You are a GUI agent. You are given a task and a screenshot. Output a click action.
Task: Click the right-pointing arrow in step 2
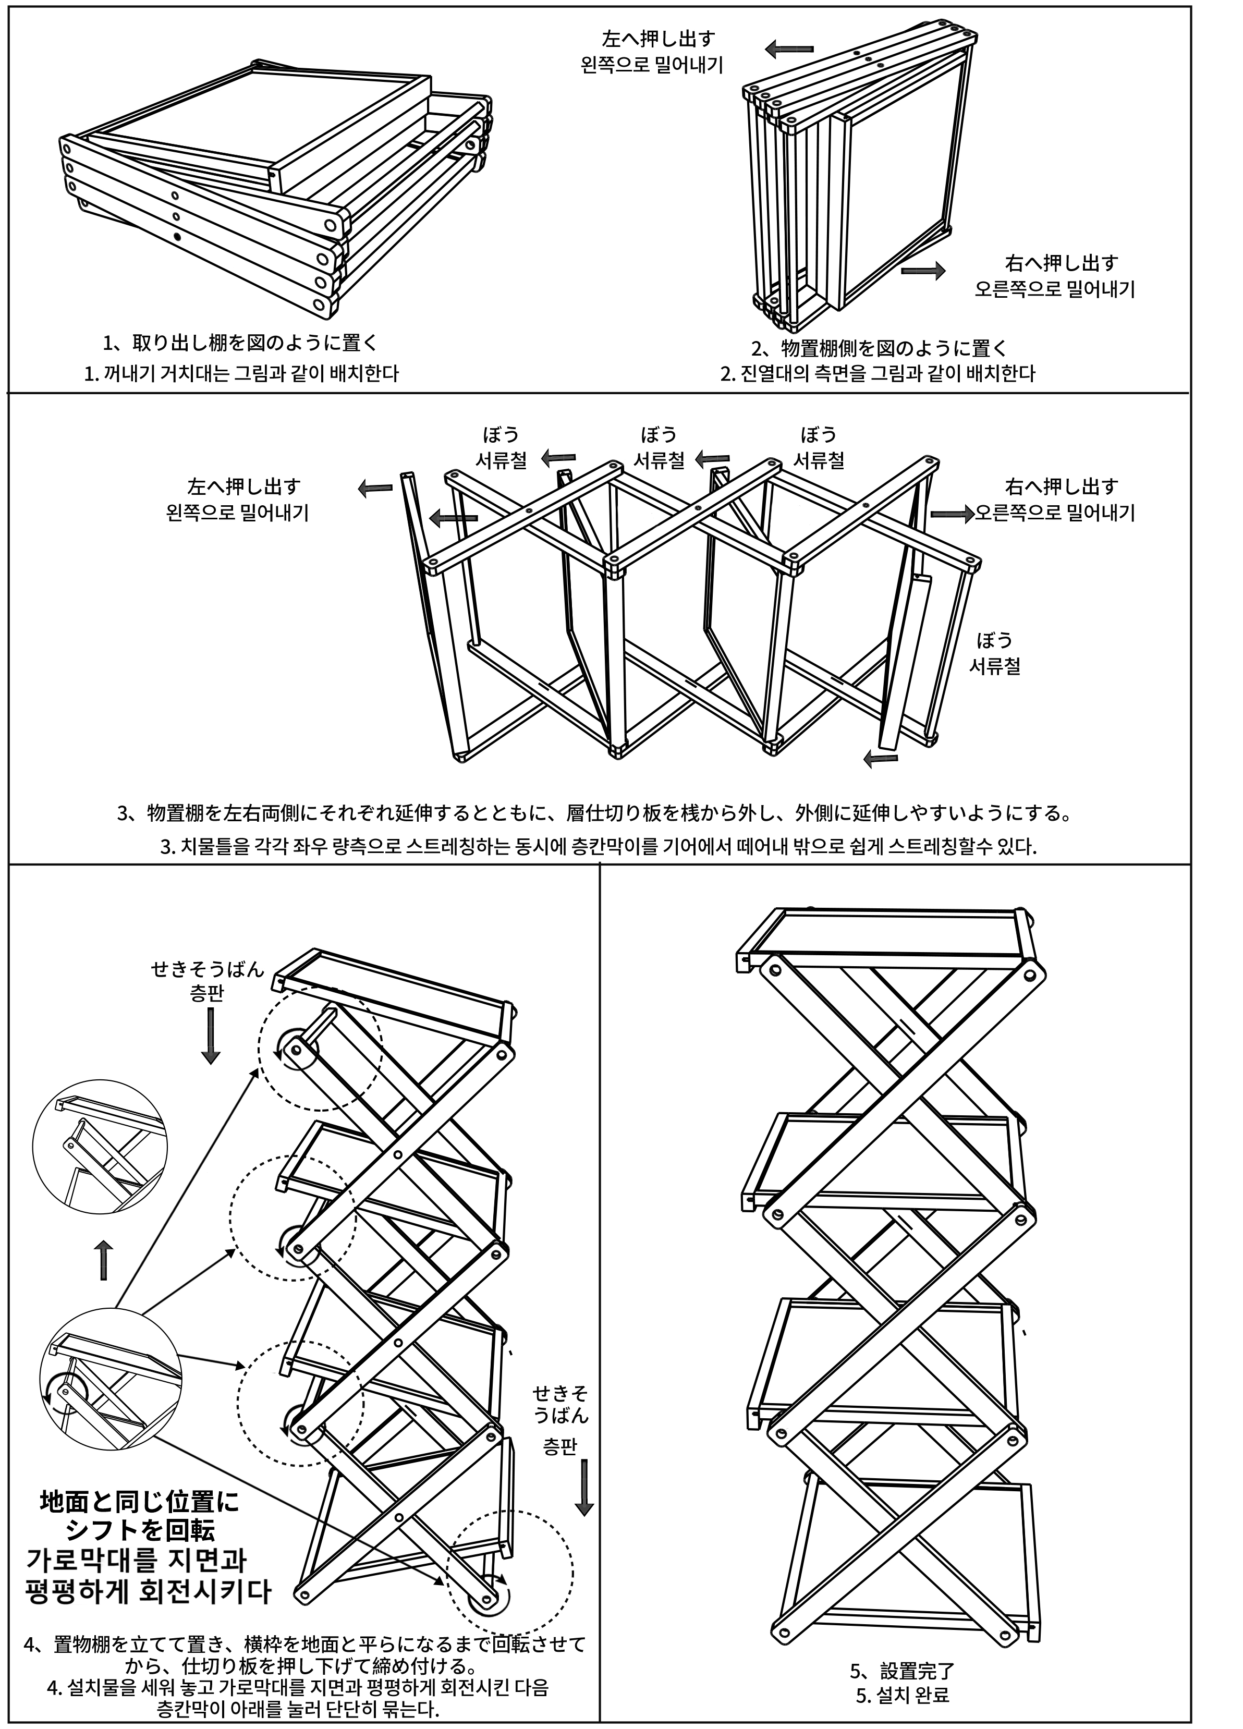923,271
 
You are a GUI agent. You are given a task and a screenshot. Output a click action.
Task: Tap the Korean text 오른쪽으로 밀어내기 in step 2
1054,290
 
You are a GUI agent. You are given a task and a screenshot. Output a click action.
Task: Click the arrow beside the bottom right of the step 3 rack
880,757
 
